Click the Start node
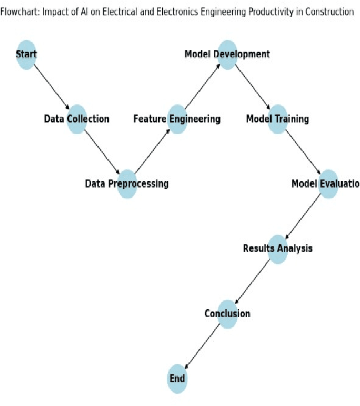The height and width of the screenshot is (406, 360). (x=26, y=54)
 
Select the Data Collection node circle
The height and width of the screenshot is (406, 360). (x=77, y=119)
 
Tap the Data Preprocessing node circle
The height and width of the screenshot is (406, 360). (x=127, y=184)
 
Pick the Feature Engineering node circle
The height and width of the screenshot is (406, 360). (x=177, y=119)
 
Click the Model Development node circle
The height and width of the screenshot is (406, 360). (x=227, y=54)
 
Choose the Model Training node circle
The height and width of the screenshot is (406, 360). (x=277, y=119)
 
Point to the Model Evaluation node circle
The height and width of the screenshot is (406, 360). (x=327, y=184)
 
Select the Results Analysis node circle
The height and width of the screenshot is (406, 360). (x=277, y=249)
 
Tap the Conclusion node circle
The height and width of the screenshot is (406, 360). (x=227, y=314)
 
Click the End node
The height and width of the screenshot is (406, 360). (x=177, y=378)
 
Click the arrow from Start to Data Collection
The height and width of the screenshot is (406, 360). (x=52, y=87)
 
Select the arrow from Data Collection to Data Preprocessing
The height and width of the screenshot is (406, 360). (x=102, y=151)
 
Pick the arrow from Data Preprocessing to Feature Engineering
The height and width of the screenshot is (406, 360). (x=152, y=151)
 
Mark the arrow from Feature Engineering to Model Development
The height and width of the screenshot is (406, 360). (x=202, y=87)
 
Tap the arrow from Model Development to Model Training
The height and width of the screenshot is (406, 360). (x=252, y=87)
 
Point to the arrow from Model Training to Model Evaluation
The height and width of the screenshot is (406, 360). (x=303, y=151)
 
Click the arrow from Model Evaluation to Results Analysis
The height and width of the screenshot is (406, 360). (x=303, y=216)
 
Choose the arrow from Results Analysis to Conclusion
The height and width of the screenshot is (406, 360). (x=252, y=281)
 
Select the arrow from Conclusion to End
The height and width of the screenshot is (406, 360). (x=202, y=346)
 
